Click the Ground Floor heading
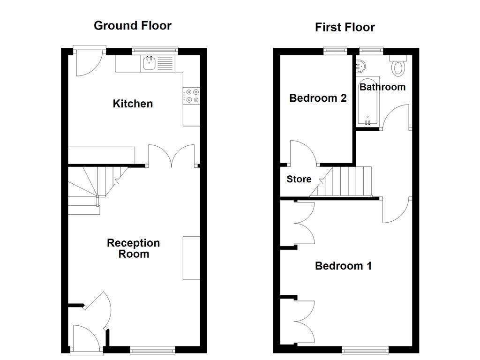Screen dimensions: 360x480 (133, 25)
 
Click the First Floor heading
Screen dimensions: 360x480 (345, 27)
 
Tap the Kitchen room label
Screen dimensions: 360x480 (133, 104)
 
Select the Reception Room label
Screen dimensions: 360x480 (133, 248)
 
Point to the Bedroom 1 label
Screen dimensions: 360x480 (343, 266)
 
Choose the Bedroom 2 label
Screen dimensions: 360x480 (318, 98)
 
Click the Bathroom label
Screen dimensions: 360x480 (382, 87)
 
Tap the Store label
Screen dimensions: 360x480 (299, 179)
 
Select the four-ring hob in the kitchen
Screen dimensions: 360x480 (191, 96)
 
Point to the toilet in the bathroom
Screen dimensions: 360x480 (398, 67)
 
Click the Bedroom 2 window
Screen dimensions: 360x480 (335, 49)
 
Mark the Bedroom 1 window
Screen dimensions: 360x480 (365, 349)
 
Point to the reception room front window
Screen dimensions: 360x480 (152, 349)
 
